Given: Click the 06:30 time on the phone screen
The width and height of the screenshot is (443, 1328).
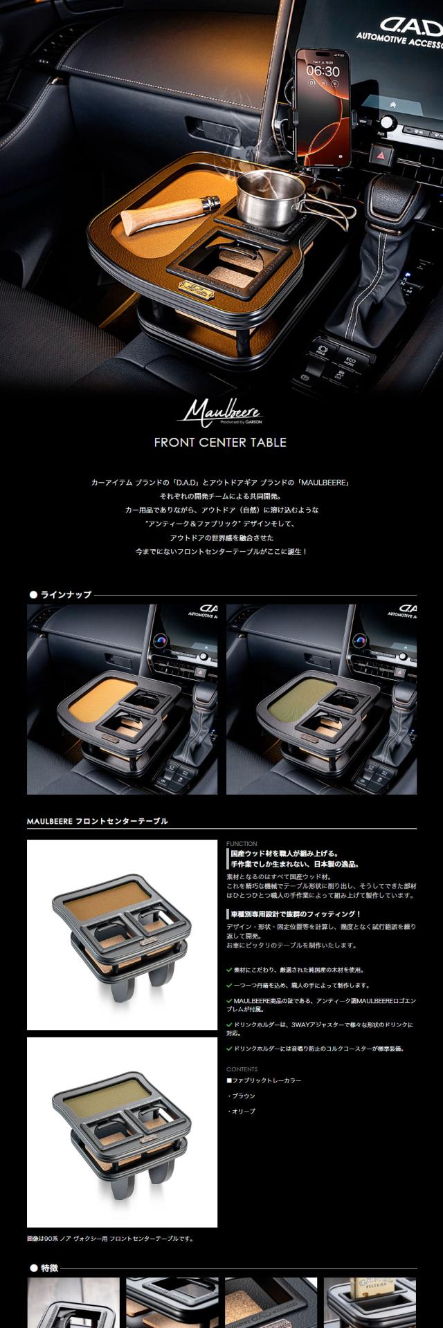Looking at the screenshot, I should click(323, 71).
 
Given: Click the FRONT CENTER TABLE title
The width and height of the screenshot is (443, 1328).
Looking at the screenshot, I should click(220, 443).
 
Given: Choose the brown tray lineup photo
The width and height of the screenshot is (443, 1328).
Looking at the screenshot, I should click(122, 699).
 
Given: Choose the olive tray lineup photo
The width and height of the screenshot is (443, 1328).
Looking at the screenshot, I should click(321, 699).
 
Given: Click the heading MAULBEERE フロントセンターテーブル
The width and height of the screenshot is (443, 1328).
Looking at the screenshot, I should click(97, 821).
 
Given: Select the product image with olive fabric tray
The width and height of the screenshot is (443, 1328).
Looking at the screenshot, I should click(122, 1132).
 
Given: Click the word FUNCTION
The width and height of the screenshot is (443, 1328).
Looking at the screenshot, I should click(242, 844).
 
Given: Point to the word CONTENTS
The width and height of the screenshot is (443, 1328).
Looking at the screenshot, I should click(242, 1069).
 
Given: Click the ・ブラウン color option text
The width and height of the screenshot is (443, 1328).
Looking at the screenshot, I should click(242, 1096).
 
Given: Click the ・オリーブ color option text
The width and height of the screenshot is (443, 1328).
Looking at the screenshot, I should click(242, 1111).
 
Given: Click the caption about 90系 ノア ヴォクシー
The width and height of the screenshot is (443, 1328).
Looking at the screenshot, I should click(110, 1238).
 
